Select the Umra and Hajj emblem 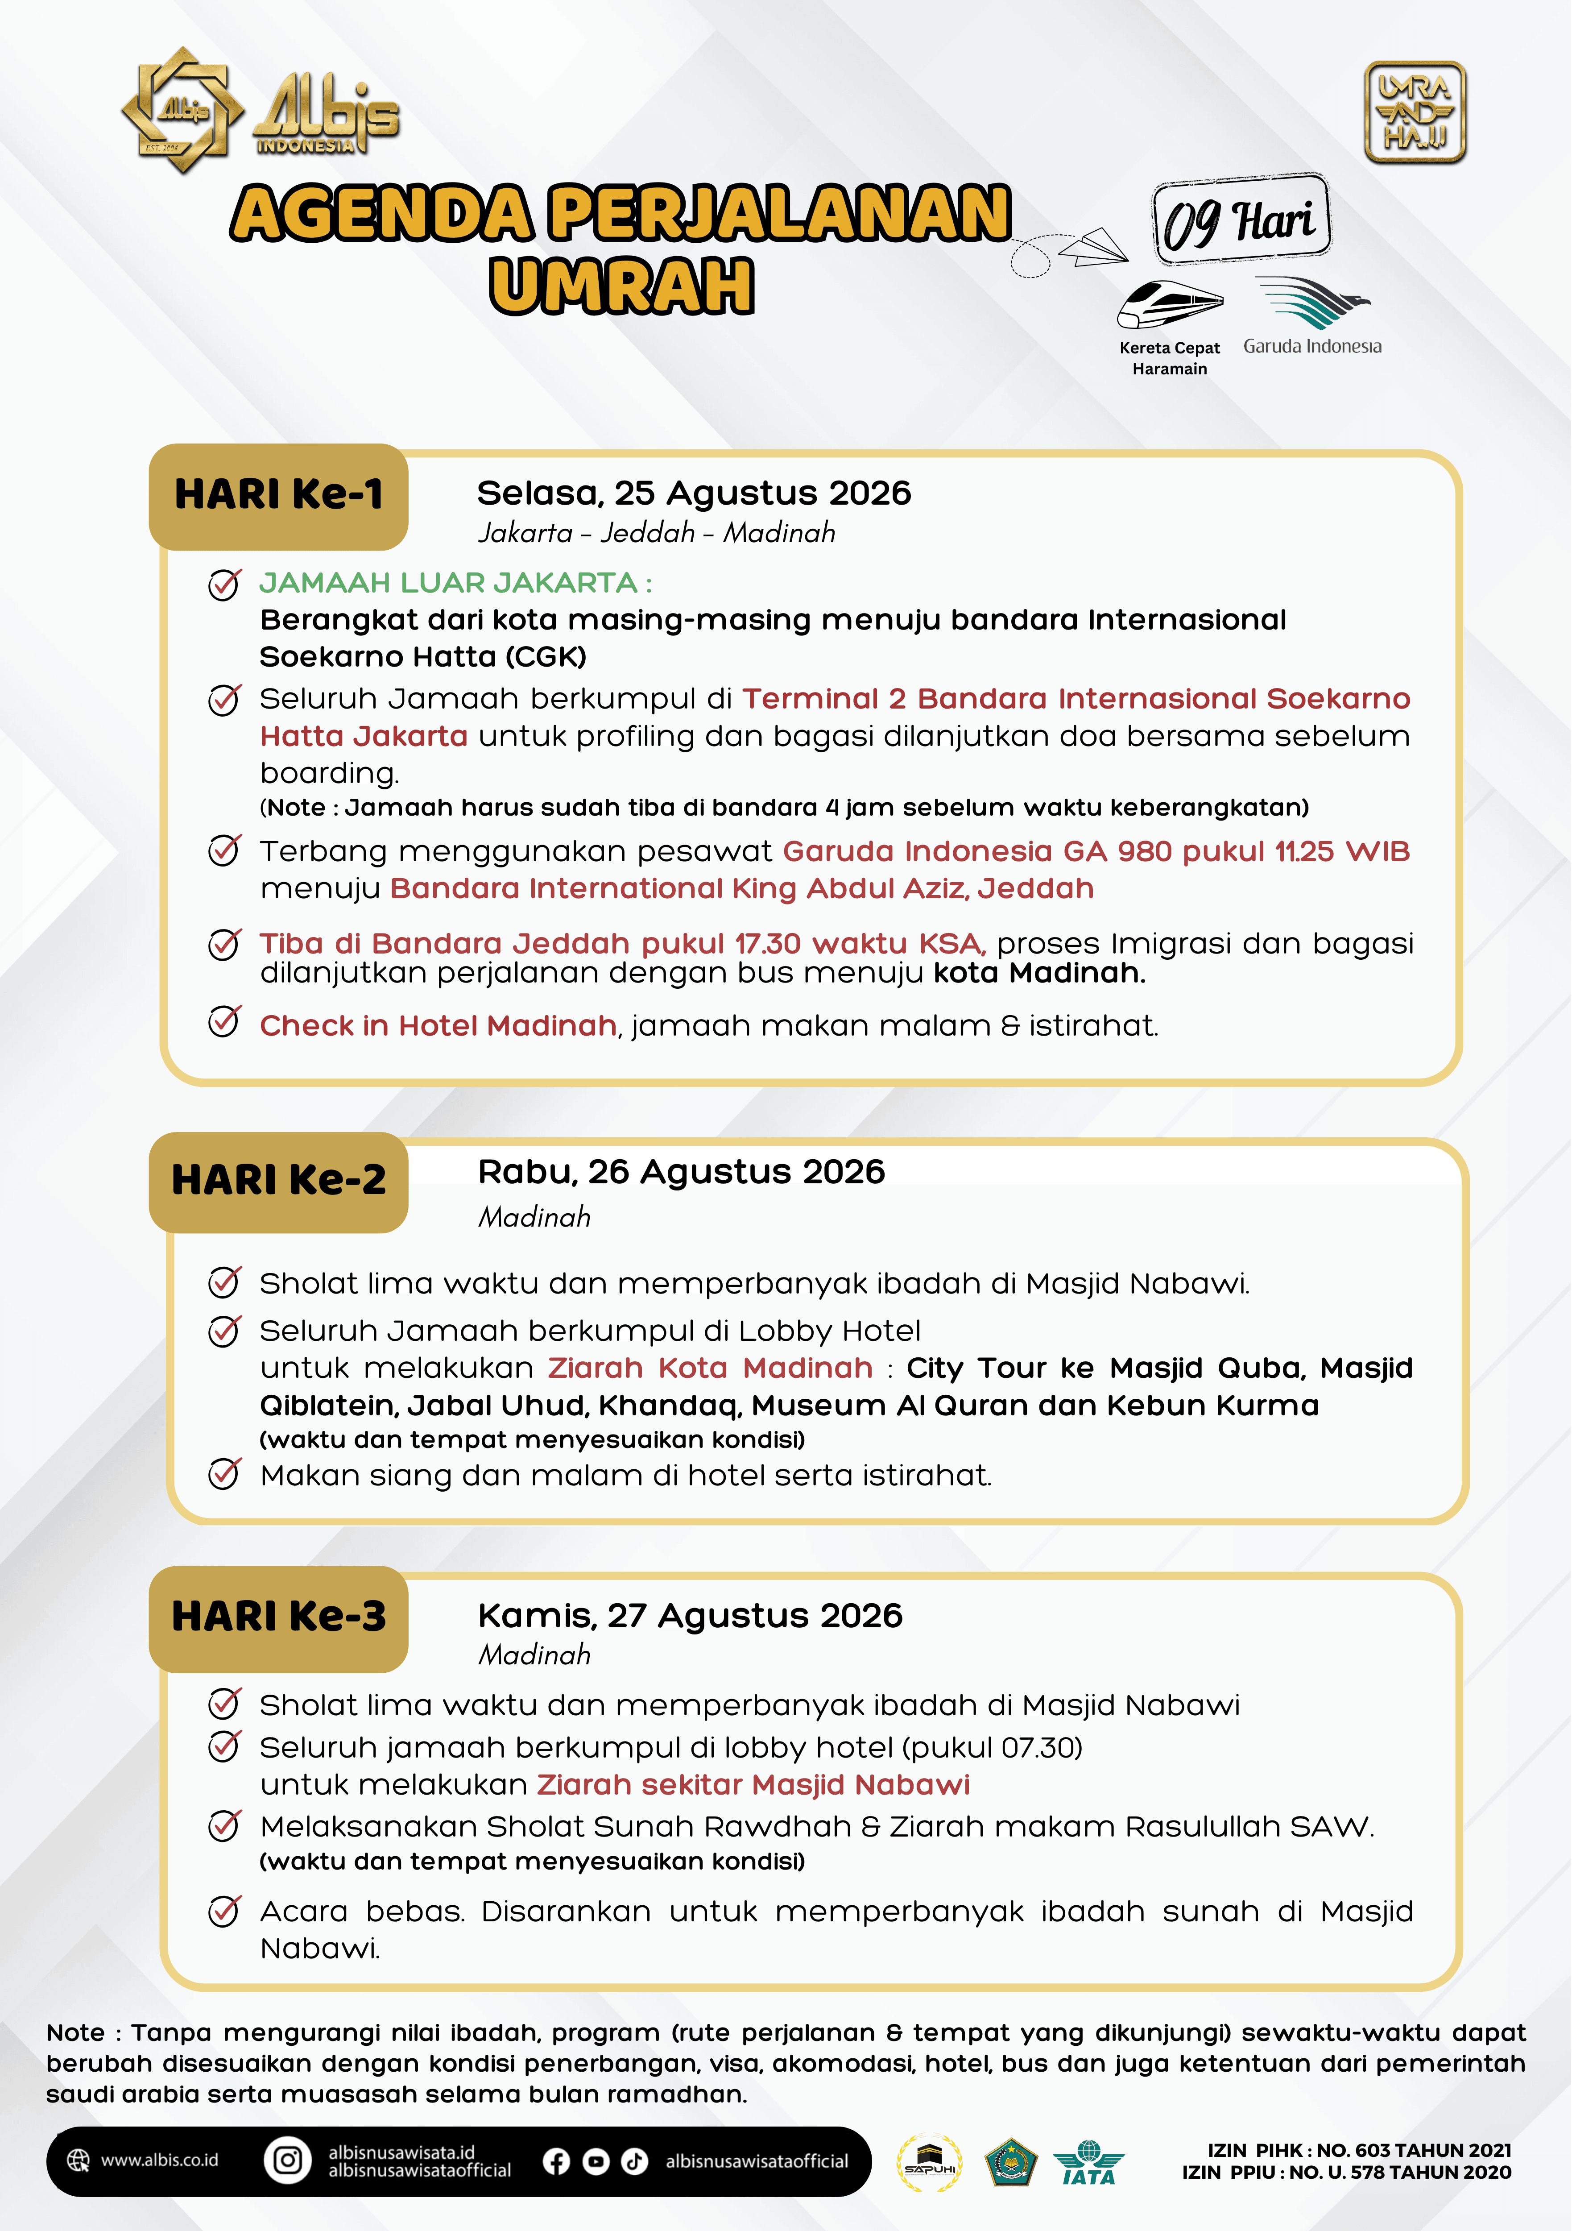click(1415, 113)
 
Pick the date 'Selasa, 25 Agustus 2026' click(694, 493)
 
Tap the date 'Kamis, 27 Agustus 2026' click(690, 1616)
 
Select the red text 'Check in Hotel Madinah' click(438, 1026)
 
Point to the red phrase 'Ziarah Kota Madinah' click(710, 1368)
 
